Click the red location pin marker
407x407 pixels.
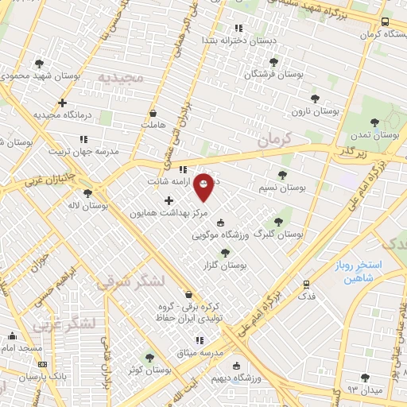tap(203, 186)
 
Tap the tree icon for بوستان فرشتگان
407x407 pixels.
tap(274, 62)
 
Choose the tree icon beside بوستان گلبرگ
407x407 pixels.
tap(278, 223)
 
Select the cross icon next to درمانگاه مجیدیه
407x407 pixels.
tap(62, 103)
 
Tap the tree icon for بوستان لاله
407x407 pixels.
tap(87, 193)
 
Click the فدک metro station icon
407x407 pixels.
tap(306, 283)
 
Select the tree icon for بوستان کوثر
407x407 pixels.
tap(149, 358)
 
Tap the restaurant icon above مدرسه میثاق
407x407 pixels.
tap(200, 340)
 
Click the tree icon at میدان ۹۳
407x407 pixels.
tap(365, 378)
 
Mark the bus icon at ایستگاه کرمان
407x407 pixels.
tap(385, 22)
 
